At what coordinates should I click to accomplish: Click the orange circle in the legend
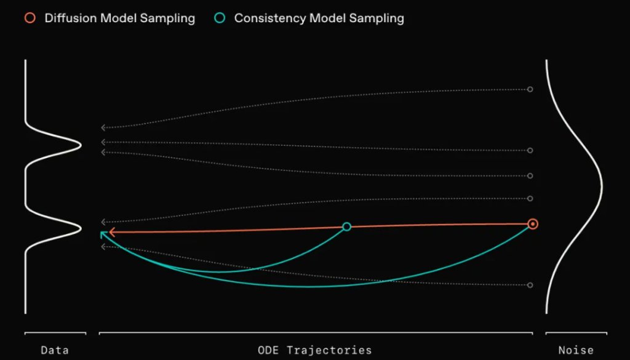tap(30, 18)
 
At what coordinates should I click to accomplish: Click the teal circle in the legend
tap(220, 18)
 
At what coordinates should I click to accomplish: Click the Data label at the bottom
tap(55, 350)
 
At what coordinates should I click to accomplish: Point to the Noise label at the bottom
tap(576, 350)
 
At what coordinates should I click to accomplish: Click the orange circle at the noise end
tap(533, 224)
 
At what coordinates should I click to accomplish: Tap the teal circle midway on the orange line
tap(346, 226)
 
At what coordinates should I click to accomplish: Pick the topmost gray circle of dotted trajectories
tap(530, 89)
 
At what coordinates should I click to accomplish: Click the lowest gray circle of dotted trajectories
tap(530, 285)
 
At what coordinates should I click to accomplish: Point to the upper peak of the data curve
tap(80, 145)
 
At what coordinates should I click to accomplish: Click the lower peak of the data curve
tap(80, 228)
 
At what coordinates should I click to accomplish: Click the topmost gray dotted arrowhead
tap(103, 127)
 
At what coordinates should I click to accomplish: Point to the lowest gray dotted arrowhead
tap(103, 247)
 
